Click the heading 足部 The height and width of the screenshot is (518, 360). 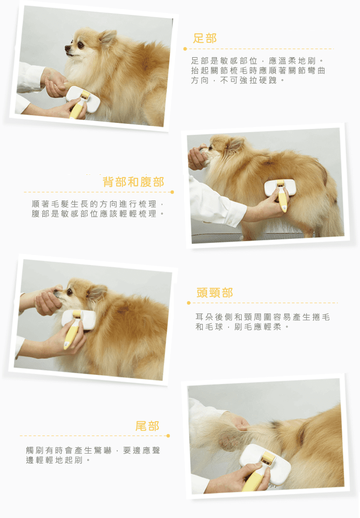point(205,38)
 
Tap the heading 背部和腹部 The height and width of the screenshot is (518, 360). point(133,182)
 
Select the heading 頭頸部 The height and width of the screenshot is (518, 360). point(215,293)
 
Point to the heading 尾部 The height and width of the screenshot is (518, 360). point(147,426)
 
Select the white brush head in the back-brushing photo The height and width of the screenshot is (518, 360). point(280,188)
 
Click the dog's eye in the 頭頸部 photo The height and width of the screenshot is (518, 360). point(70,292)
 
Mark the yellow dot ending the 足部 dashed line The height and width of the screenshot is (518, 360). point(185,49)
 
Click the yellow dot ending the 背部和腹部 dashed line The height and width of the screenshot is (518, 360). point(172,192)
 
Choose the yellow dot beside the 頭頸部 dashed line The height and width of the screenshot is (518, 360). point(189,303)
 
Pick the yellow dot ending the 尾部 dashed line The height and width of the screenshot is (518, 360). point(168,436)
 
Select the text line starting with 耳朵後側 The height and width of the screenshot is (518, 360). point(263,317)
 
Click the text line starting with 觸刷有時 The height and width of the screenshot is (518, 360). point(93,450)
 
